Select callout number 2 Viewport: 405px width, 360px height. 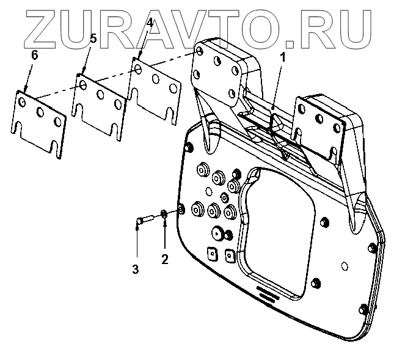tap(164, 259)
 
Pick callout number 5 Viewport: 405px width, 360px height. tap(92, 39)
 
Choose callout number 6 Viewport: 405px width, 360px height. tap(34, 55)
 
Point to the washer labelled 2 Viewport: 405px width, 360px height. tap(164, 214)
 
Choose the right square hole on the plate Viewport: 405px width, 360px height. tap(230, 255)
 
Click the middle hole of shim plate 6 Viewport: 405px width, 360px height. tap(41, 112)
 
